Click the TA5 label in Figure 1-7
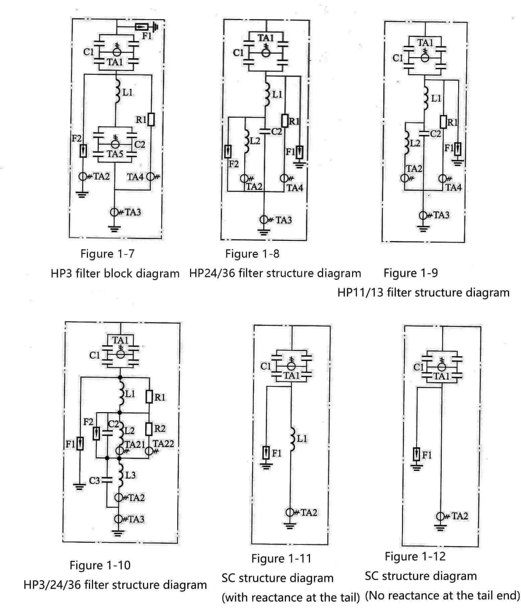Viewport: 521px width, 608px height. tap(115, 154)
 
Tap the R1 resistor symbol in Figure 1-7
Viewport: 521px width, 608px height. tap(151, 119)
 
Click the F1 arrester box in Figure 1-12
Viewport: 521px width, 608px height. tap(417, 454)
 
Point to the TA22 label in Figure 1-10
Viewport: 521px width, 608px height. tap(164, 443)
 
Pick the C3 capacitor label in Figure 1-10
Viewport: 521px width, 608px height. tap(94, 481)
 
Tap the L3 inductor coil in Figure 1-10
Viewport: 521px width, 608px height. tap(121, 475)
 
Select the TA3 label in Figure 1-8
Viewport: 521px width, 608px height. tap(284, 220)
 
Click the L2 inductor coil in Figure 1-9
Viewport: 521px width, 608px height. tap(407, 143)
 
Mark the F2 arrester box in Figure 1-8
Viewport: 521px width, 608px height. tap(228, 152)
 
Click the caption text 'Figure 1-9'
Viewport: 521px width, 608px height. tap(410, 273)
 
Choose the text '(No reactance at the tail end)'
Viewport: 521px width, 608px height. tap(442, 595)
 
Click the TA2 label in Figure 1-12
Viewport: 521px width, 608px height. tap(459, 516)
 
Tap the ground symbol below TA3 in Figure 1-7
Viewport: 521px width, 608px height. tap(115, 229)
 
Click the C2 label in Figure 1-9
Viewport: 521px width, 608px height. tap(435, 134)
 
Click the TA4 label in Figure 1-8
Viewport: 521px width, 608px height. tap(295, 188)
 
